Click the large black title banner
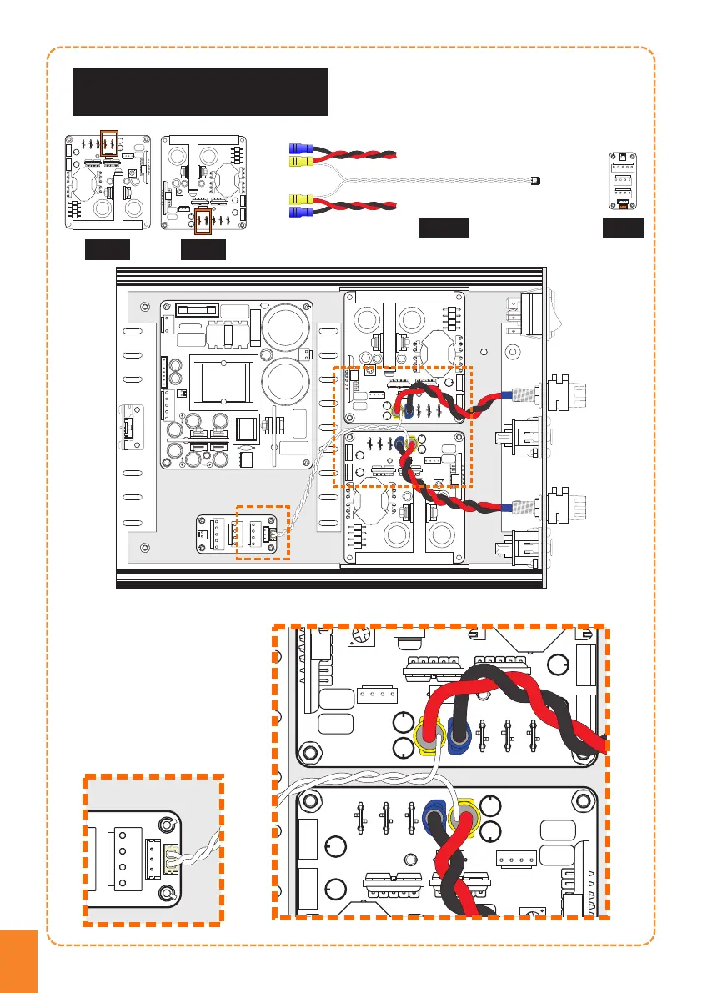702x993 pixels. click(x=199, y=92)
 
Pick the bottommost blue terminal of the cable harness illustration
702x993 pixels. click(x=294, y=213)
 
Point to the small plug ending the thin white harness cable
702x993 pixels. click(x=535, y=179)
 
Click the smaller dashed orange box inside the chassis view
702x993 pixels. click(x=263, y=532)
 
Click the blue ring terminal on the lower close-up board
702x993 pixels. click(x=434, y=814)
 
